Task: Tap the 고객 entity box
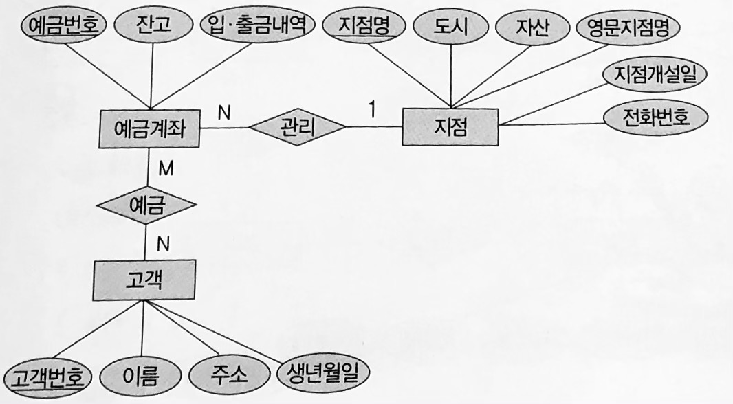[x=142, y=279]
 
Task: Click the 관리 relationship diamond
[x=296, y=126]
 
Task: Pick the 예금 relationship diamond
[x=146, y=204]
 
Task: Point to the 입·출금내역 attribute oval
[x=256, y=26]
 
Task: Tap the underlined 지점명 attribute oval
[x=364, y=26]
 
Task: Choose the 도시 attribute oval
[x=451, y=26]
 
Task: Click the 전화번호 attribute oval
[x=656, y=117]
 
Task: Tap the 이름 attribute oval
[x=140, y=376]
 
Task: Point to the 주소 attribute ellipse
[x=228, y=376]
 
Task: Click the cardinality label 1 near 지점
[x=372, y=109]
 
